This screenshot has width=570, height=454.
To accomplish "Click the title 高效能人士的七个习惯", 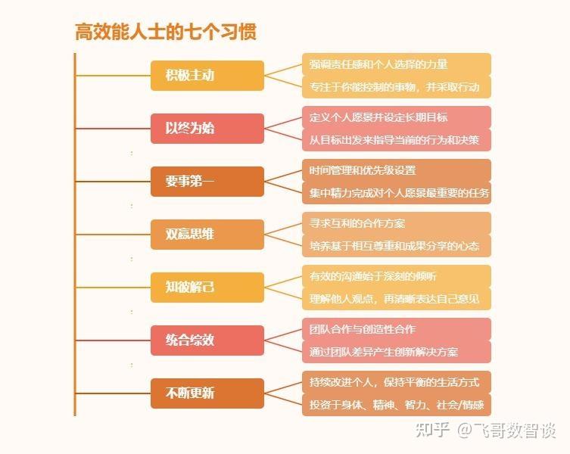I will point(165,32).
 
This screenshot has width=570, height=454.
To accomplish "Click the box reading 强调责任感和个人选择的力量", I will point(396,64).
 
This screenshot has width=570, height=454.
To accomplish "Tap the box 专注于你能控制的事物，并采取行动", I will point(396,87).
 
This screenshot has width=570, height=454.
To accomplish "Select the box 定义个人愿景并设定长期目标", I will point(396,117).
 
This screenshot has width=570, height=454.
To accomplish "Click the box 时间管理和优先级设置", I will point(396,170).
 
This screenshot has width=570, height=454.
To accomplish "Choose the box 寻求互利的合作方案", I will point(396,223).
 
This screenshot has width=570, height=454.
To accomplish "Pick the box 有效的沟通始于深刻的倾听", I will point(396,276).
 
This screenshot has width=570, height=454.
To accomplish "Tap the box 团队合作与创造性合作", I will point(396,329).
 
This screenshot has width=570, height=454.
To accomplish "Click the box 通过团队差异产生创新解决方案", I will point(396,352).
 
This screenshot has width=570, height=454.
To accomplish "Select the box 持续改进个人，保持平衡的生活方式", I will point(396,382).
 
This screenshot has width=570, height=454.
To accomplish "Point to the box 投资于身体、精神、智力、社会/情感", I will point(396,405).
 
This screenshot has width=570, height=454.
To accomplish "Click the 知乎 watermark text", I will point(435,430).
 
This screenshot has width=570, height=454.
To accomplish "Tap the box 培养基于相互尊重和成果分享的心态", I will point(396,246).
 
